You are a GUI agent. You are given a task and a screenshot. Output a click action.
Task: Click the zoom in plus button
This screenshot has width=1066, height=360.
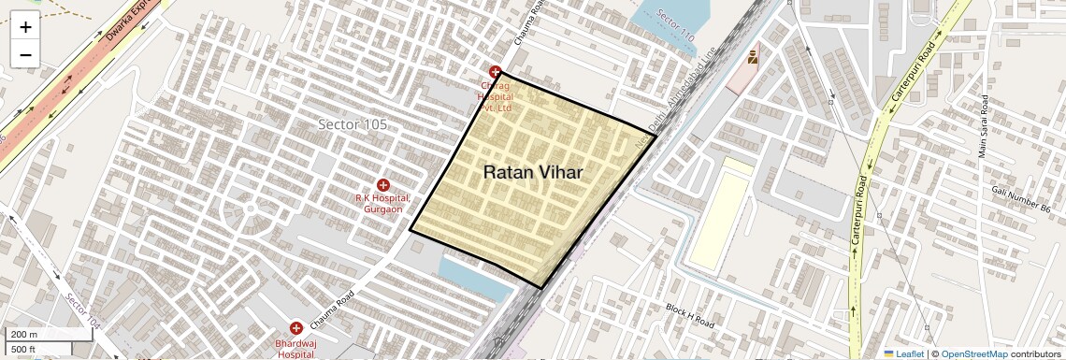pos(25,27)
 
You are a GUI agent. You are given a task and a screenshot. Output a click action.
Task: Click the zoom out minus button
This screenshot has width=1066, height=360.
pos(25,54)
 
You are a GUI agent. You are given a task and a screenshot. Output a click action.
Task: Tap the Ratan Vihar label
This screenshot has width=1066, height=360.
pos(533,172)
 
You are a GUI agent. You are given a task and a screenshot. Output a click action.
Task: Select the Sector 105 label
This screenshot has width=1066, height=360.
pos(353,124)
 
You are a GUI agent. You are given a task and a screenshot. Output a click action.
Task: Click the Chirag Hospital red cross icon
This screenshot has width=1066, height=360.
pos(496,72)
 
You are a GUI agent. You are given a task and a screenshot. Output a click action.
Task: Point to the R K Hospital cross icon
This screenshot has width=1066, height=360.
pos(382,185)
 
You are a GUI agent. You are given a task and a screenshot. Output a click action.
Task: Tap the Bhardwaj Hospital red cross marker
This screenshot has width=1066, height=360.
pos(296,328)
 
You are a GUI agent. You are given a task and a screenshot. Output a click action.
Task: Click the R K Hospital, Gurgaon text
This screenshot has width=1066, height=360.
pos(382,203)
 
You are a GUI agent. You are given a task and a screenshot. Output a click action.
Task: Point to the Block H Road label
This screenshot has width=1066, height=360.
pos(690,315)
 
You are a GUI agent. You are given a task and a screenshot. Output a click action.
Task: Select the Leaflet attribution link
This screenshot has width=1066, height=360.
pos(903,353)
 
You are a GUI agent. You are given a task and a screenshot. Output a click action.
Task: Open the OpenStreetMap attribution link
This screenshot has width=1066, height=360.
pos(973,353)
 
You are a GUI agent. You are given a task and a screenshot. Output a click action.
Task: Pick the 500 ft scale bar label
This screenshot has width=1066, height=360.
pos(24,349)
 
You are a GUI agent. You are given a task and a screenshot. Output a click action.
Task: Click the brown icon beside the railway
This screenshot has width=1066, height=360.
pos(752,58)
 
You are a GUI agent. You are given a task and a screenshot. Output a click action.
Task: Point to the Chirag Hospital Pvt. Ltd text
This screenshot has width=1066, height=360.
pos(497,96)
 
